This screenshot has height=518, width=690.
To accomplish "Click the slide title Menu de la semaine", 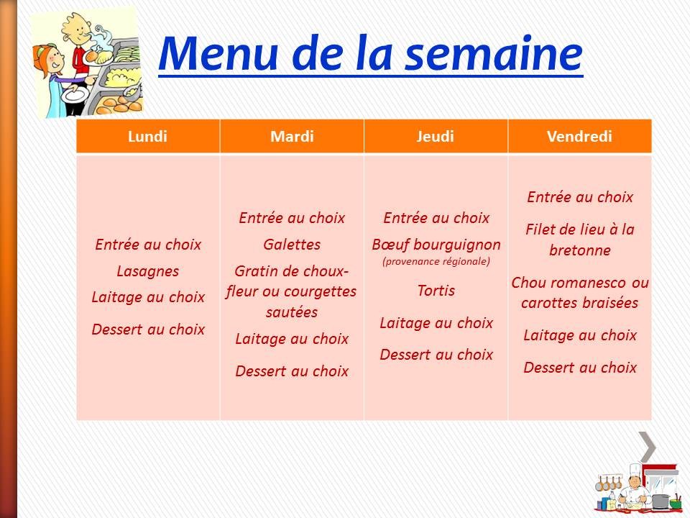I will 369,54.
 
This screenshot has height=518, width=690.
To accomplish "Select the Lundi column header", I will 147,137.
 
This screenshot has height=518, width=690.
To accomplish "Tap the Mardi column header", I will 292,137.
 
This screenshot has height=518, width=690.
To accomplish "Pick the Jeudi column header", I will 436,137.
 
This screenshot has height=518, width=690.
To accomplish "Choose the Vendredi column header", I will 579,137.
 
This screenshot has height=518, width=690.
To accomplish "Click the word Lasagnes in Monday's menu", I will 147,271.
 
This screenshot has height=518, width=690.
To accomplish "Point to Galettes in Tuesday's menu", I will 292,245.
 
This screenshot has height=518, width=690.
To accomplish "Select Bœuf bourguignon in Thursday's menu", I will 436,245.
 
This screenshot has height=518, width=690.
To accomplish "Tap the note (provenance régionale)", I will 436,261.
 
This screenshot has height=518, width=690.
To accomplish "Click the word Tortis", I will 436,291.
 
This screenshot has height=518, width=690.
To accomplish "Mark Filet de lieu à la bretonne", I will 579,240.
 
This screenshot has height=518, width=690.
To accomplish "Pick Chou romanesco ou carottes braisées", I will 579,292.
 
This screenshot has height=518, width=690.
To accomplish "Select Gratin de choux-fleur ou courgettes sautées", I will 292,291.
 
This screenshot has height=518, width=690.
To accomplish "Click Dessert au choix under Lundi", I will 147,330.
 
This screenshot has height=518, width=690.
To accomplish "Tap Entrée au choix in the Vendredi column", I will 579,196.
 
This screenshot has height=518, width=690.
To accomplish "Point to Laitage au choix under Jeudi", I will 436,322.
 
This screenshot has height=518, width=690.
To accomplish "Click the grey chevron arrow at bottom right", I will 648,447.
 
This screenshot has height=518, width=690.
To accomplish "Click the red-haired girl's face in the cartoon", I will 46,60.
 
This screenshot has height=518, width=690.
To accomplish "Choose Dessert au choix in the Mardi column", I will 292,371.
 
